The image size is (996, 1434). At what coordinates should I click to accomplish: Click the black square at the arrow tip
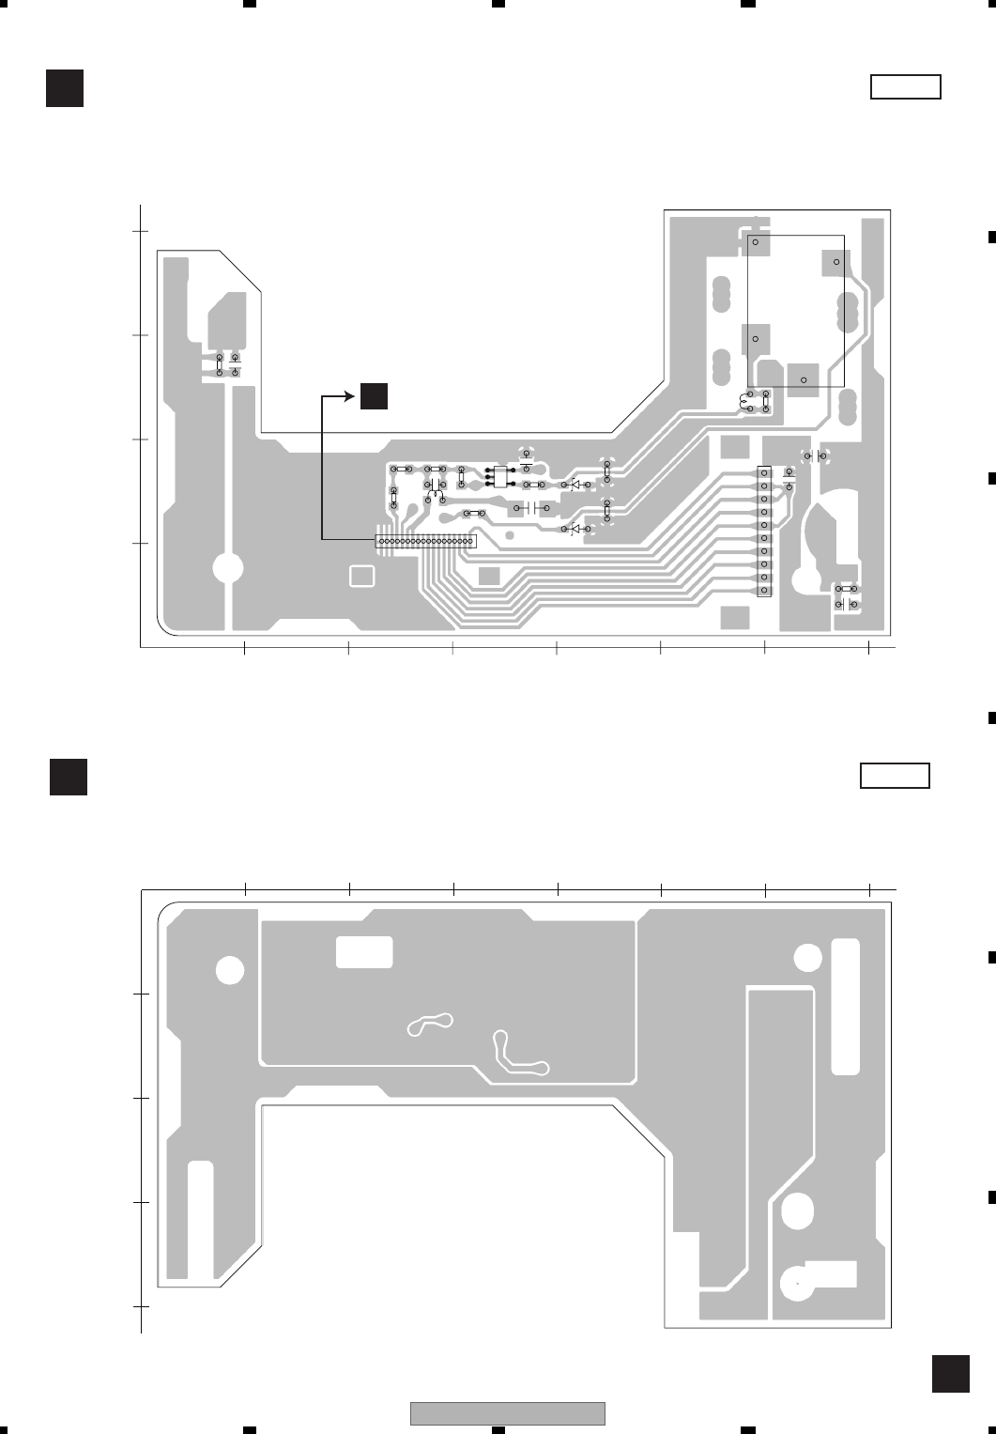click(x=373, y=396)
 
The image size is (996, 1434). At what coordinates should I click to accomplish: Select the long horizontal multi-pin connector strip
click(x=425, y=542)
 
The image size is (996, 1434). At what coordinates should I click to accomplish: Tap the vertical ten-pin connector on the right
click(x=764, y=532)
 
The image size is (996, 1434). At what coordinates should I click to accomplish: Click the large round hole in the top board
click(x=228, y=568)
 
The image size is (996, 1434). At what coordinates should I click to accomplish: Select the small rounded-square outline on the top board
click(x=360, y=576)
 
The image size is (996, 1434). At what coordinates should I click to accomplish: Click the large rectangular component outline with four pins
click(x=795, y=310)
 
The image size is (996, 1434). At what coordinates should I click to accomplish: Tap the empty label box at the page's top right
click(x=905, y=87)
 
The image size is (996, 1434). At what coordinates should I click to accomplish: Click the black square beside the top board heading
click(x=65, y=87)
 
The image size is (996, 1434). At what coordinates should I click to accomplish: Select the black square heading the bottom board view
click(x=69, y=777)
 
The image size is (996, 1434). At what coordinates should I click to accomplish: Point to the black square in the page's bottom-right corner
click(x=950, y=1373)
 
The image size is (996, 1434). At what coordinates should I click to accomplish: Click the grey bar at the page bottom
click(x=507, y=1413)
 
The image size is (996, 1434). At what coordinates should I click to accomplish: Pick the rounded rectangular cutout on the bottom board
click(x=364, y=951)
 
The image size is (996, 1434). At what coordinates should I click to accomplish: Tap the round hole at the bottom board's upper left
click(x=229, y=970)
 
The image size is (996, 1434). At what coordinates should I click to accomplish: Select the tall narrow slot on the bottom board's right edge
click(x=845, y=1006)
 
